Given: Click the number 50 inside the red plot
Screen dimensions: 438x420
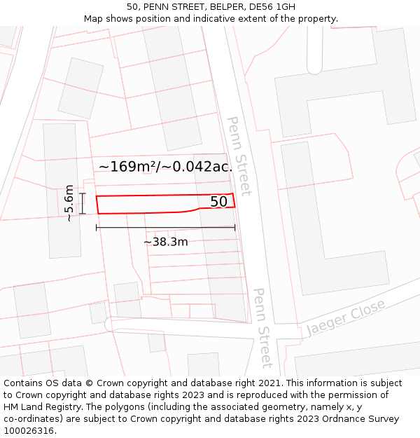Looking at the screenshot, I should (x=219, y=202).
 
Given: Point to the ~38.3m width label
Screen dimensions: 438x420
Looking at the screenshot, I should (x=166, y=242).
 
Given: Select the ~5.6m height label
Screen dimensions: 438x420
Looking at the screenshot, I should (x=69, y=203).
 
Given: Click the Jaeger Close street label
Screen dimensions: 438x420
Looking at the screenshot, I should (x=346, y=317).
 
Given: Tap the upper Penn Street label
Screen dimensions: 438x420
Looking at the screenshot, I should (x=239, y=156).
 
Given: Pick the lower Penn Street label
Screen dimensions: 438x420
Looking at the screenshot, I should (x=262, y=327).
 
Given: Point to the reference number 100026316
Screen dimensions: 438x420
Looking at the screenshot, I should (x=28, y=431).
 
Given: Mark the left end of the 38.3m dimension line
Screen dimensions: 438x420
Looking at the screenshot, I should (x=97, y=228).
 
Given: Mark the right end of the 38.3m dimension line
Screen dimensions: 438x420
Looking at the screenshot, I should (x=234, y=228).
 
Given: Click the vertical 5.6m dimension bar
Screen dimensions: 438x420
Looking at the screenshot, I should (x=83, y=203).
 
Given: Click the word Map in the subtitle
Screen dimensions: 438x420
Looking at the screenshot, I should (x=94, y=18).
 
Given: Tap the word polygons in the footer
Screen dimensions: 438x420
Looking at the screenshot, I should (x=127, y=407).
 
